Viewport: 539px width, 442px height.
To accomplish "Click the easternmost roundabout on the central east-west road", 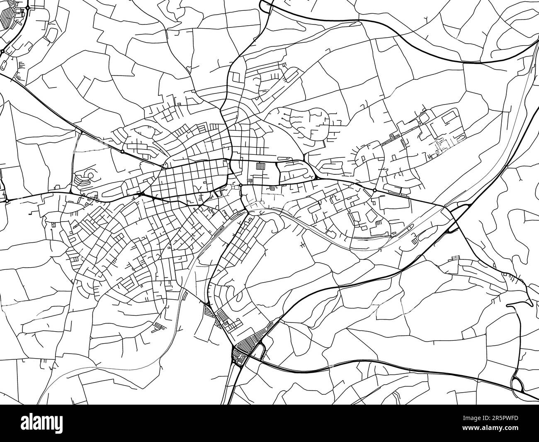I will (x=374, y=190).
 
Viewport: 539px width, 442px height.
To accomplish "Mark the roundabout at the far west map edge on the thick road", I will (x=7, y=201).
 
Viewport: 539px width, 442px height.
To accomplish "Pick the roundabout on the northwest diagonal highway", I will (x=123, y=152).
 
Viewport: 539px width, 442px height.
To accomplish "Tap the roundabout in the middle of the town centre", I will (x=240, y=185).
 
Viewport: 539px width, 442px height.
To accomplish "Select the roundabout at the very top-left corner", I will (x=27, y=7).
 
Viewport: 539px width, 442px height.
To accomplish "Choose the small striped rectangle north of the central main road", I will (x=261, y=166).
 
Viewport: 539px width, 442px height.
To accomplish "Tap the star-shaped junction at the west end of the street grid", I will (x=142, y=194).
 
